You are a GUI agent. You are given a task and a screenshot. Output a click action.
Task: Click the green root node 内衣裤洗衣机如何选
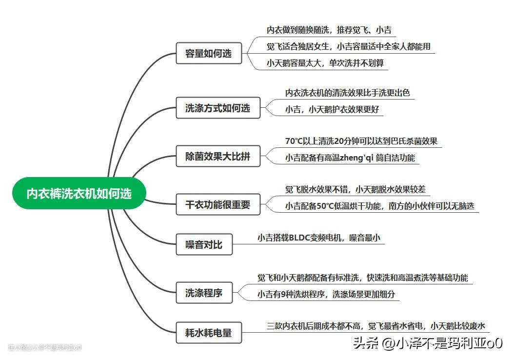pyautogui.click(x=79, y=194)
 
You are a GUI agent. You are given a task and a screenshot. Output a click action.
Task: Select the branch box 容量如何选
pyautogui.click(x=208, y=54)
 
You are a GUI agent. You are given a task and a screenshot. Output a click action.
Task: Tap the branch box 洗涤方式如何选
pyautogui.click(x=217, y=108)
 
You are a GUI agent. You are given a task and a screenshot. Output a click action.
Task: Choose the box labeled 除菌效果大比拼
pyautogui.click(x=217, y=157)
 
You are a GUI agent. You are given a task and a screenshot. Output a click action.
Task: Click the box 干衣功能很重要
pyautogui.click(x=217, y=205)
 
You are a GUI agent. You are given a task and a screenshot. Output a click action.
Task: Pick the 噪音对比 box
pyautogui.click(x=204, y=244)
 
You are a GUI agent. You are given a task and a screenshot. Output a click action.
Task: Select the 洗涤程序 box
pyautogui.click(x=204, y=293)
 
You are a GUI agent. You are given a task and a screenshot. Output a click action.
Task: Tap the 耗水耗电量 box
pyautogui.click(x=208, y=333)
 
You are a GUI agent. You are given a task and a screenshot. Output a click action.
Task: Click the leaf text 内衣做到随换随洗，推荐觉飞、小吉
pyautogui.click(x=329, y=30)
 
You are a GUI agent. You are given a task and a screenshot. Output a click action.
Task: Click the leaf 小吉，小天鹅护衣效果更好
pyautogui.click(x=332, y=109)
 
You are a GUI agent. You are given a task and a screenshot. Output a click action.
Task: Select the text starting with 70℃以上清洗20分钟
pyautogui.click(x=361, y=141)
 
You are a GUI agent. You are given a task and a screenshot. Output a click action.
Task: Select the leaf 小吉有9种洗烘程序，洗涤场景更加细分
pyautogui.click(x=326, y=294)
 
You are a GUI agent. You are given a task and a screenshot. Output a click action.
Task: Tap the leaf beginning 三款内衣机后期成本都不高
pyautogui.click(x=375, y=326)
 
